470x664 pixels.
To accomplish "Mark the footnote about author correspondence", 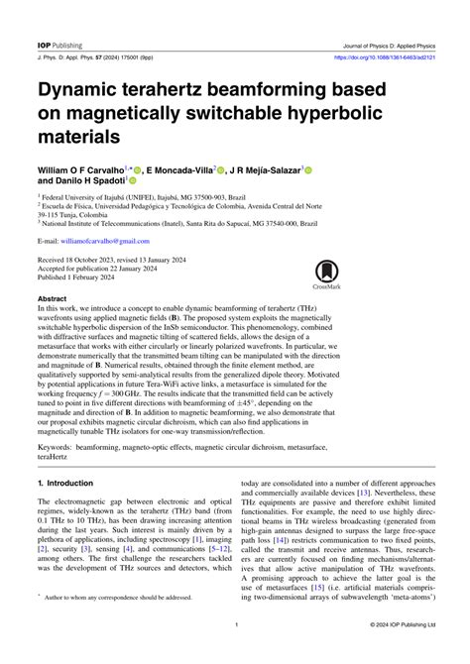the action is point(118,626).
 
